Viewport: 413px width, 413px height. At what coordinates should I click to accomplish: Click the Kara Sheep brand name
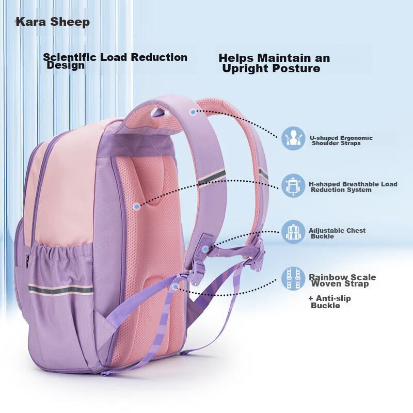pyautogui.click(x=53, y=22)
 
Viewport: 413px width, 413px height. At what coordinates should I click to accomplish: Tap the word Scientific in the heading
pyautogui.click(x=70, y=57)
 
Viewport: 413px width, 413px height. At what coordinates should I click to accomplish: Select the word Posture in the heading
pyautogui.click(x=296, y=69)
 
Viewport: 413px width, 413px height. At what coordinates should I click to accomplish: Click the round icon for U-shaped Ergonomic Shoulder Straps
pyautogui.click(x=293, y=138)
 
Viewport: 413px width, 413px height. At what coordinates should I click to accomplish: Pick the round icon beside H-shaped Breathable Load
pyautogui.click(x=293, y=185)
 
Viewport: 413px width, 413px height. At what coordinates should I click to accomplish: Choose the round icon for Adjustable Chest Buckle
pyautogui.click(x=293, y=232)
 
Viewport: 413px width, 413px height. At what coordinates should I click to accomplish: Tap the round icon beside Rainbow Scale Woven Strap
pyautogui.click(x=293, y=278)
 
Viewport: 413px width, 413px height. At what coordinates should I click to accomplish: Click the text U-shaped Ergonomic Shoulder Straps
pyautogui.click(x=341, y=140)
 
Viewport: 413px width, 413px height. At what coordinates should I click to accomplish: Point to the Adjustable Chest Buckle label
pyautogui.click(x=337, y=233)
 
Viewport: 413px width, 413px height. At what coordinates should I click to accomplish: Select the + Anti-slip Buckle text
pyautogui.click(x=330, y=302)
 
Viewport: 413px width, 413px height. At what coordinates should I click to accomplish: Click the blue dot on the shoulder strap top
pyautogui.click(x=193, y=112)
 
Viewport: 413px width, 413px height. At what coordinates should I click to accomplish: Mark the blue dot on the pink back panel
pyautogui.click(x=137, y=207)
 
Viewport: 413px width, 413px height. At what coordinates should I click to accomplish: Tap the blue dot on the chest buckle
pyautogui.click(x=205, y=249)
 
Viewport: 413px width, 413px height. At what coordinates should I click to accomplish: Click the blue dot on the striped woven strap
pyautogui.click(x=176, y=287)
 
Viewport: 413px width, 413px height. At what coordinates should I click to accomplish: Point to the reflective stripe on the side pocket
pyautogui.click(x=60, y=290)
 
